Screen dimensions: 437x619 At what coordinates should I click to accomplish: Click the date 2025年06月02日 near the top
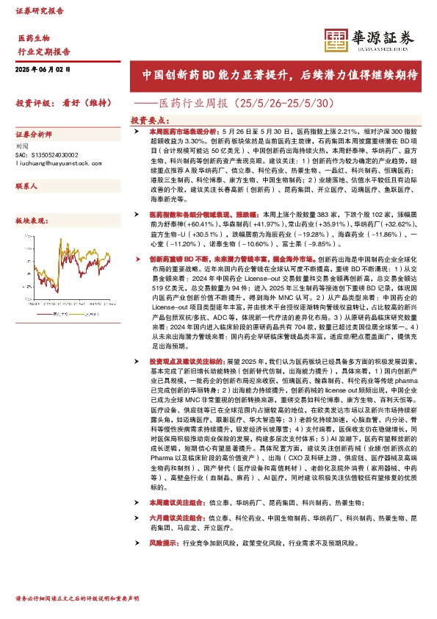(x=42, y=68)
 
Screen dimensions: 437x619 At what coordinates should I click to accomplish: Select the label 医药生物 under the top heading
(x=34, y=37)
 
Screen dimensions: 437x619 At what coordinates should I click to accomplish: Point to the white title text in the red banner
(x=280, y=75)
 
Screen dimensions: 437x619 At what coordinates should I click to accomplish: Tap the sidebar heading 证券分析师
(x=34, y=135)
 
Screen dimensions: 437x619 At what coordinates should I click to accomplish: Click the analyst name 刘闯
(x=22, y=146)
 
